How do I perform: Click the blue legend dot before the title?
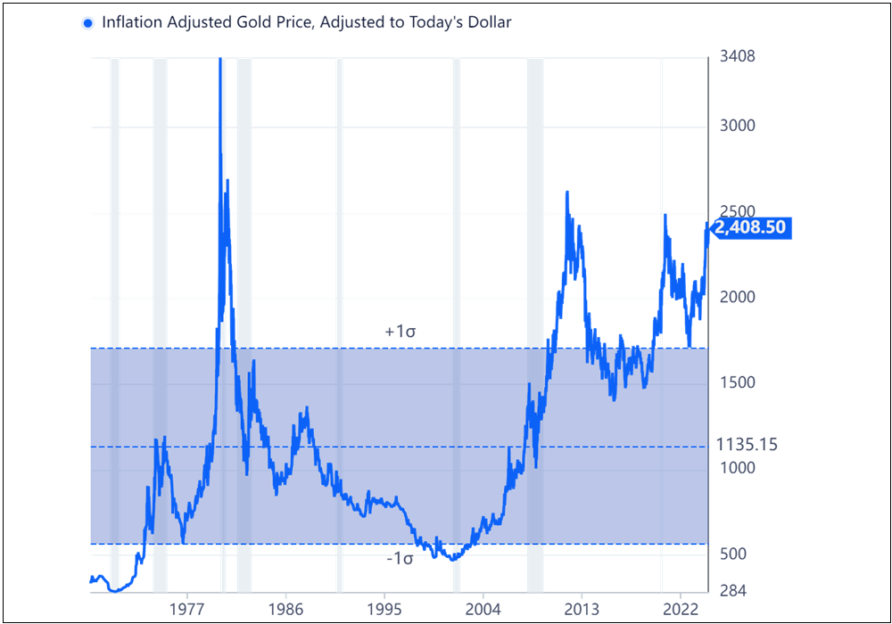[x=87, y=23]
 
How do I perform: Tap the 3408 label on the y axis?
[x=738, y=58]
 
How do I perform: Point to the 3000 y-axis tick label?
[x=738, y=126]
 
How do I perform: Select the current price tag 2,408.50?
[x=750, y=228]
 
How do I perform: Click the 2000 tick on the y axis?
[x=738, y=297]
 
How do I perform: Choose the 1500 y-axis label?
[x=738, y=382]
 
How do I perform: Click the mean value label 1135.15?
[x=747, y=445]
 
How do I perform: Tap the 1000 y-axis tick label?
[x=738, y=468]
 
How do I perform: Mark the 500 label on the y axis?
[x=733, y=554]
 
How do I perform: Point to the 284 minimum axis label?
[x=733, y=591]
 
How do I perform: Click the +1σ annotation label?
[x=401, y=332]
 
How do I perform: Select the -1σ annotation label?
[x=400, y=560]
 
